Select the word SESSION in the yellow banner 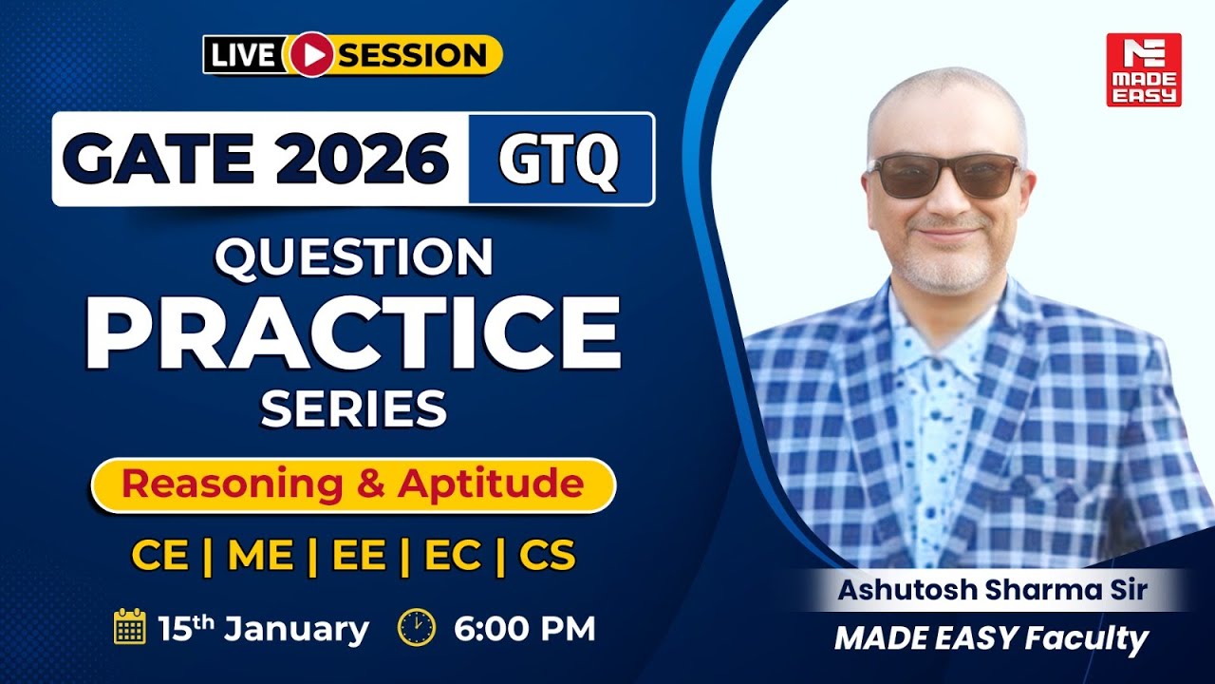(x=414, y=55)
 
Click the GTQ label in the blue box (x=560, y=159)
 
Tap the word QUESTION (x=353, y=257)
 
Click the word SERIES (x=353, y=409)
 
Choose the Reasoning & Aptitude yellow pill (x=353, y=485)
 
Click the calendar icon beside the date (x=129, y=628)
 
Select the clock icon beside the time (x=417, y=628)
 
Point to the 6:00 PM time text (x=524, y=629)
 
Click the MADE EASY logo (x=1143, y=69)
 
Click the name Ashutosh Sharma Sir (x=992, y=590)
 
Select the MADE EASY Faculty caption (x=991, y=638)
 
